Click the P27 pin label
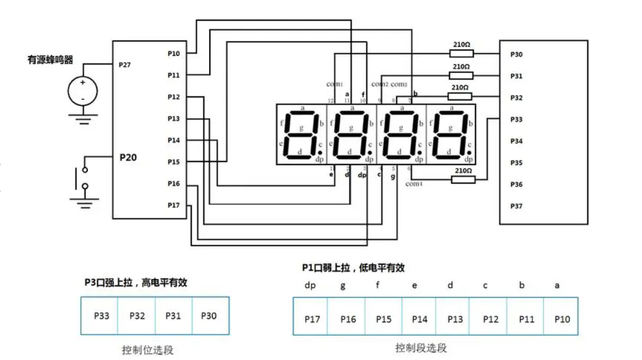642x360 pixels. coord(124,64)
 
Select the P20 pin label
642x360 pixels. coord(128,158)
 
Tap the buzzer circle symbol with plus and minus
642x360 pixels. coord(83,90)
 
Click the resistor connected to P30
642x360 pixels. coord(461,53)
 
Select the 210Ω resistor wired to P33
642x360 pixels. coord(463,179)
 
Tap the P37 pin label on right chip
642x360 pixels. coord(517,206)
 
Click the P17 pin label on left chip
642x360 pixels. coord(174,205)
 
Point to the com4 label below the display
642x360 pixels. coord(414,184)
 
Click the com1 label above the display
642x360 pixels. coord(335,84)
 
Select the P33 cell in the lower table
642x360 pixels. coord(101,315)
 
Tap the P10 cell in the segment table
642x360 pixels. coord(562,319)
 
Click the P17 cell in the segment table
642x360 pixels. coord(311,319)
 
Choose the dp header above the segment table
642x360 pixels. coord(310,285)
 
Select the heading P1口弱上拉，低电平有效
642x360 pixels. coord(353,268)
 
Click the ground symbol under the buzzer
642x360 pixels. coord(83,119)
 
